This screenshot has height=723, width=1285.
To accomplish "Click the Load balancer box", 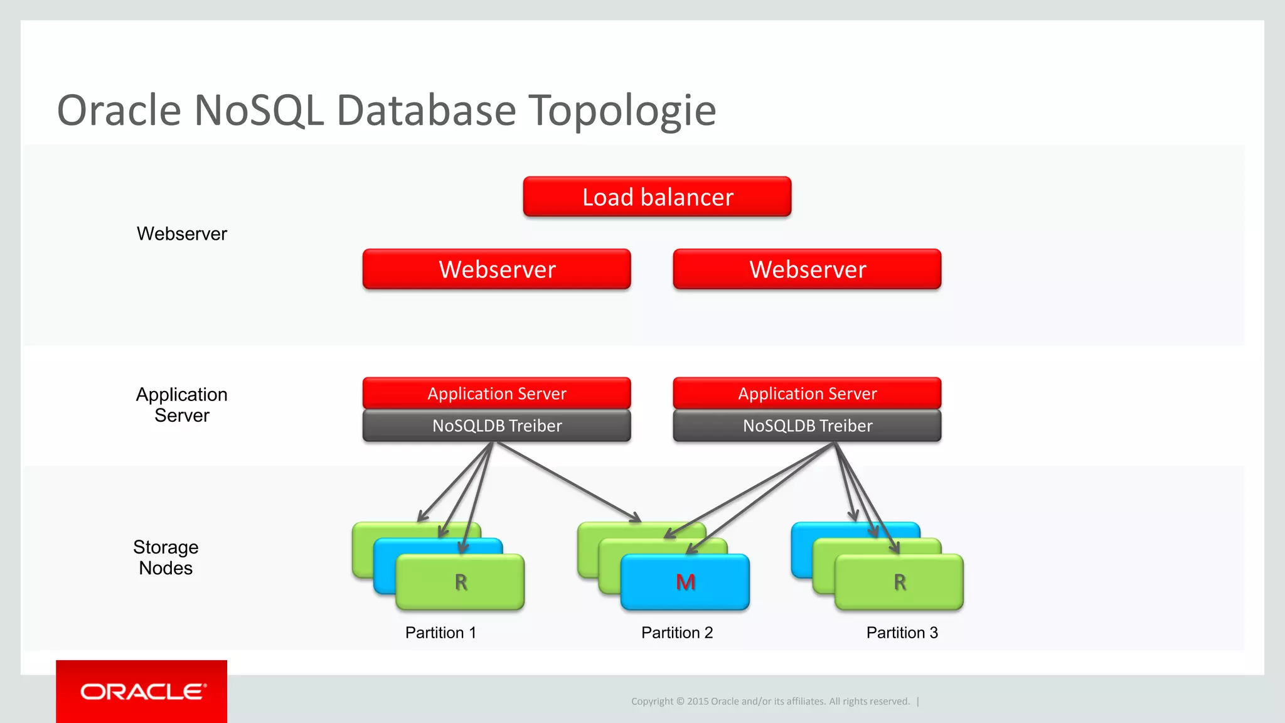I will pyautogui.click(x=657, y=197).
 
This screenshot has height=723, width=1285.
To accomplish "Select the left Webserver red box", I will pyautogui.click(x=496, y=269).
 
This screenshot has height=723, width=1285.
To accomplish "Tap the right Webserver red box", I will pyautogui.click(x=807, y=269).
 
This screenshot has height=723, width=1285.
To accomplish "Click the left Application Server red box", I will pyautogui.click(x=496, y=394).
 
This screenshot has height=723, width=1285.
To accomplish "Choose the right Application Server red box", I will pyautogui.click(x=807, y=394).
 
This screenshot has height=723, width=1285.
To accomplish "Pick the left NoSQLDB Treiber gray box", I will pyautogui.click(x=496, y=426).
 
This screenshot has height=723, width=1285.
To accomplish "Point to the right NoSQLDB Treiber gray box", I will pyautogui.click(x=807, y=426).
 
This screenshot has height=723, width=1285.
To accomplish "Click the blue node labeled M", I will pyautogui.click(x=685, y=582).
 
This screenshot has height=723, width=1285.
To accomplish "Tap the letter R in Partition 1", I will pyautogui.click(x=461, y=582).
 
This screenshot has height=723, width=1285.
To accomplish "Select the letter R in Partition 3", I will pyautogui.click(x=900, y=582).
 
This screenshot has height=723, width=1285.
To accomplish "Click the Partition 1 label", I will pyautogui.click(x=440, y=633).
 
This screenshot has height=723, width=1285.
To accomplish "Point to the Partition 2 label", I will pyautogui.click(x=677, y=633).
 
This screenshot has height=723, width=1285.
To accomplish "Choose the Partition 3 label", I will pyautogui.click(x=902, y=633).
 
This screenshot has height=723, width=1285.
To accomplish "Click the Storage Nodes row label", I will pyautogui.click(x=166, y=557).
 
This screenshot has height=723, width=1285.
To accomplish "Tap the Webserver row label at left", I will pyautogui.click(x=182, y=233).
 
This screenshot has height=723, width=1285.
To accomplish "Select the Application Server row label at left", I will pyautogui.click(x=182, y=405).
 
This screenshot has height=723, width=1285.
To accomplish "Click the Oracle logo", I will pyautogui.click(x=142, y=692).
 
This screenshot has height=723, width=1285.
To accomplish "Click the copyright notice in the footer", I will pyautogui.click(x=770, y=701).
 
